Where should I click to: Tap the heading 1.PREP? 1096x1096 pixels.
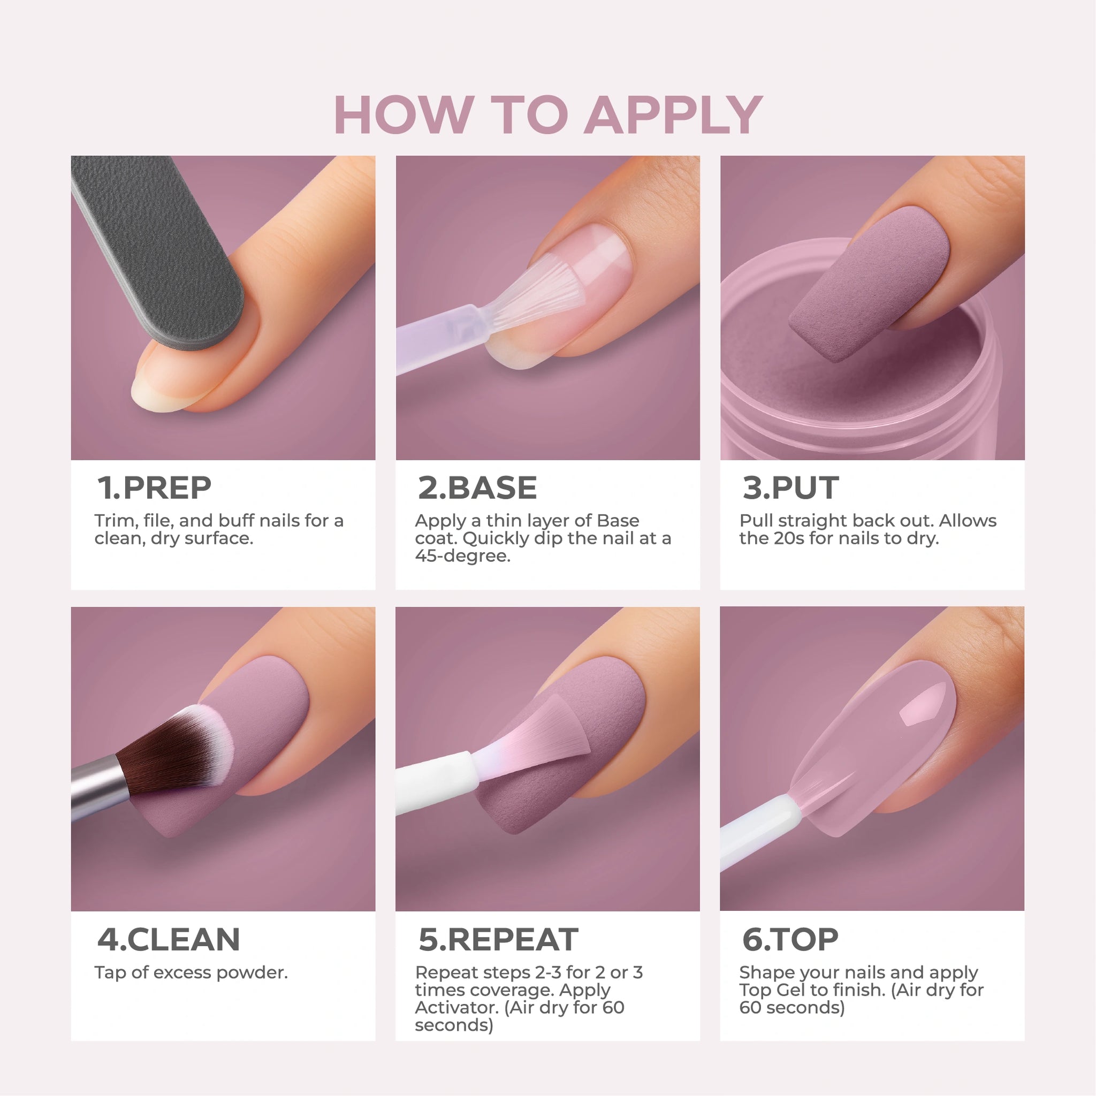154,488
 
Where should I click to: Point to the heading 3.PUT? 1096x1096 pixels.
790,488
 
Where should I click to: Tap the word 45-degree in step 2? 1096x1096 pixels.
462,556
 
